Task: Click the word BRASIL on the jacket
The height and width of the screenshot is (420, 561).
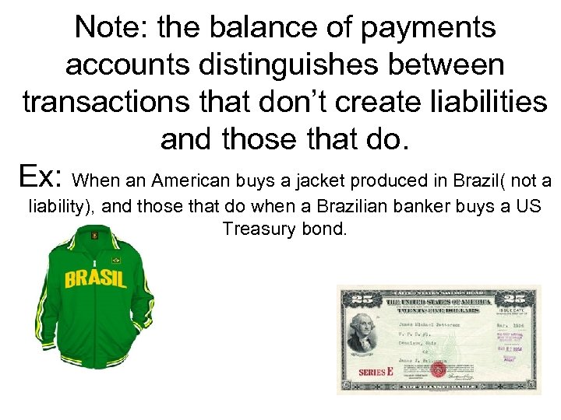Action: click(x=96, y=278)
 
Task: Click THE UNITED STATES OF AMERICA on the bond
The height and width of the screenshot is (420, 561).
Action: click(x=436, y=302)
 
